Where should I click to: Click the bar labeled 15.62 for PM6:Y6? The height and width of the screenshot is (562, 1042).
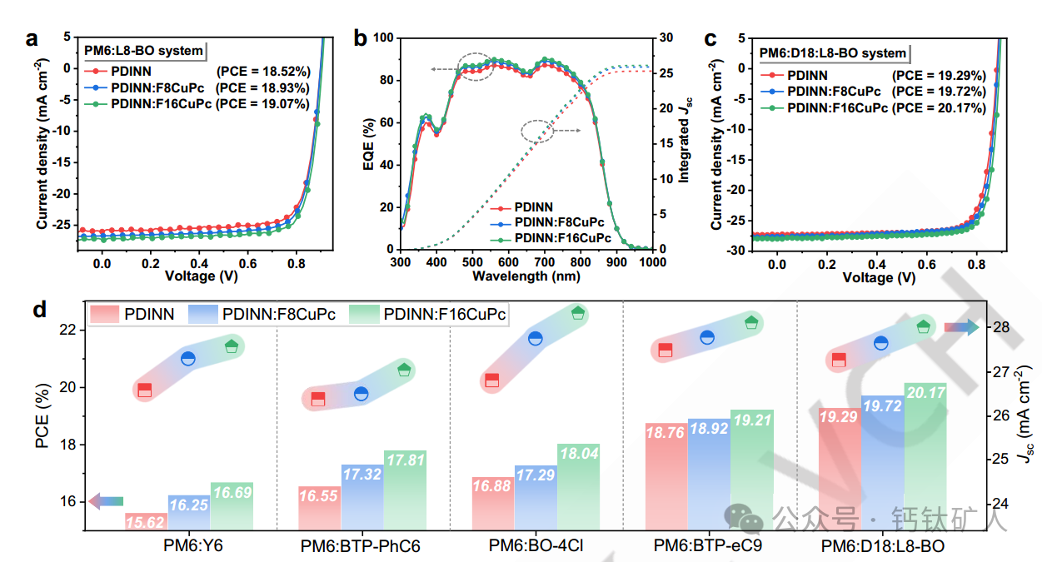[x=146, y=521]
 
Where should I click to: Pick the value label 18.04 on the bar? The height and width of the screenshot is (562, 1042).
[x=578, y=454]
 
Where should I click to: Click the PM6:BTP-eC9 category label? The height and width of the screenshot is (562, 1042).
[x=708, y=546]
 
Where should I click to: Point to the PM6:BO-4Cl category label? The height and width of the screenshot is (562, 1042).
[x=536, y=546]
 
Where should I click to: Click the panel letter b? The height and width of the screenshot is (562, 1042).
[x=361, y=37]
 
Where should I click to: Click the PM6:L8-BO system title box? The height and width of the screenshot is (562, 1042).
[x=143, y=51]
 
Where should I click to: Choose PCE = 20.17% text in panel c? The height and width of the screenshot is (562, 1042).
[x=939, y=108]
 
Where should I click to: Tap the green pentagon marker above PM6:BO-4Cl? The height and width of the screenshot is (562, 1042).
[x=578, y=313]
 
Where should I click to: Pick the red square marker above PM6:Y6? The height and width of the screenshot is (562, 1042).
[x=145, y=390]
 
